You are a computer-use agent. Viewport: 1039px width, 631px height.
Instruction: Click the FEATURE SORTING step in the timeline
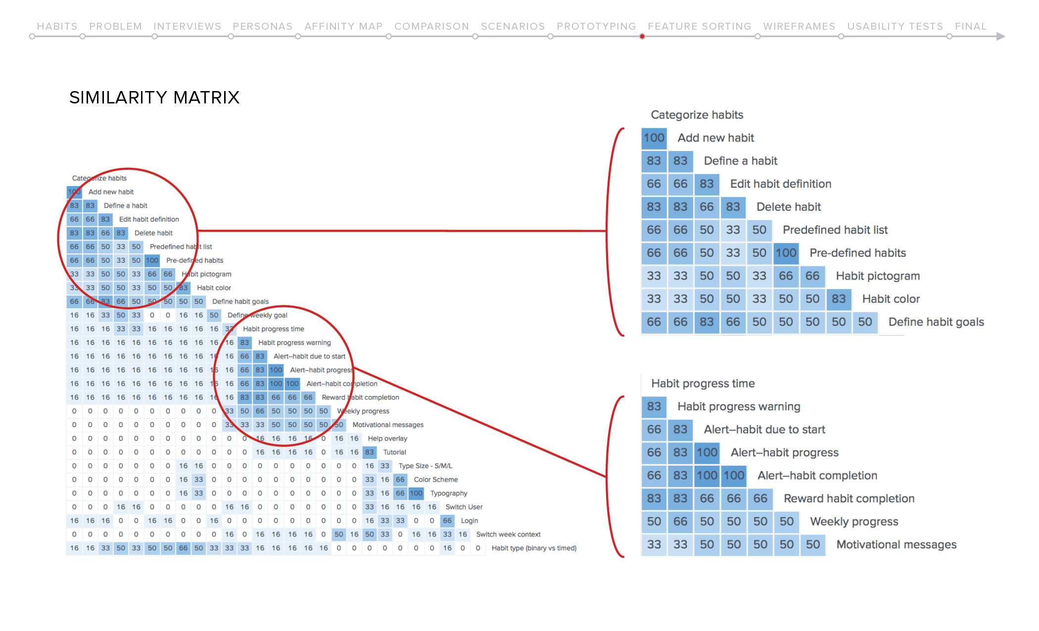point(699,26)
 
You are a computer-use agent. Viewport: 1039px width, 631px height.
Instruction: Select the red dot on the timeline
point(642,37)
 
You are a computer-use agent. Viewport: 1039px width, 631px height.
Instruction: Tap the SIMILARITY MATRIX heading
point(154,97)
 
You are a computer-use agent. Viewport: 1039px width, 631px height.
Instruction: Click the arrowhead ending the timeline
point(1000,36)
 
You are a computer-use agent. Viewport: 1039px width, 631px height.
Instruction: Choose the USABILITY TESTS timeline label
point(895,26)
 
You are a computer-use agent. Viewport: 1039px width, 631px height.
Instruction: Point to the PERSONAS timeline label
point(263,26)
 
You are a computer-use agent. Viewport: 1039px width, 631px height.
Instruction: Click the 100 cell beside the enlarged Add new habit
point(654,138)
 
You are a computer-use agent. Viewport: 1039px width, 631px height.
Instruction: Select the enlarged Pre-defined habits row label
point(857,253)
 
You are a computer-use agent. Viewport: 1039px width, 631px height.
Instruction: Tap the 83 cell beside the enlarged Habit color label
point(838,299)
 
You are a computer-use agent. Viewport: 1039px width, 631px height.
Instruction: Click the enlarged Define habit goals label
point(936,322)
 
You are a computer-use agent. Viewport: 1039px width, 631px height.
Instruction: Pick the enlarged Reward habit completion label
point(849,498)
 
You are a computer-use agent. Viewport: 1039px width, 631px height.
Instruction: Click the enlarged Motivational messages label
point(897,544)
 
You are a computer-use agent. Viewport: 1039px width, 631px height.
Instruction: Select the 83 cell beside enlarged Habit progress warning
point(654,407)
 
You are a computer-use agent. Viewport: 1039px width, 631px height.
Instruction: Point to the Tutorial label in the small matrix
point(394,452)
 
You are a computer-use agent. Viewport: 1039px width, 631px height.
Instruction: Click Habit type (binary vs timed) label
point(534,548)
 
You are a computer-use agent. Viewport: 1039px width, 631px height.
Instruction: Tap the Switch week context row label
point(508,534)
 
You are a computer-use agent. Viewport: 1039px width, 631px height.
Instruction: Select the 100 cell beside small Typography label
point(416,493)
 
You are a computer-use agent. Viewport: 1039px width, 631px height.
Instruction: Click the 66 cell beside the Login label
point(447,521)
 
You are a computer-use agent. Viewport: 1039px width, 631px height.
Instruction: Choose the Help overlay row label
point(387,438)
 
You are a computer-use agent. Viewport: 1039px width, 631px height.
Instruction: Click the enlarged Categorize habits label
point(697,115)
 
